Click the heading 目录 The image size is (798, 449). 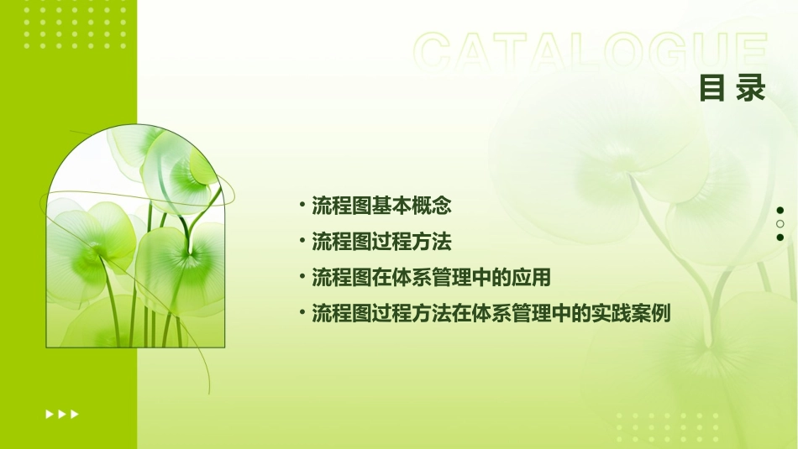click(732, 88)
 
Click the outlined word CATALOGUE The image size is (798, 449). click(590, 52)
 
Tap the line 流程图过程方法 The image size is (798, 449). click(382, 242)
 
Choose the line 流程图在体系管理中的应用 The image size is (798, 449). click(431, 278)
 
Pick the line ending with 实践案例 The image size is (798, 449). click(491, 315)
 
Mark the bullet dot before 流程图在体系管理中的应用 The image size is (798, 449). click(302, 277)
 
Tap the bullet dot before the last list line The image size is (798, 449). click(302, 314)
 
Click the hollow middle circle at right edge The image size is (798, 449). click(780, 224)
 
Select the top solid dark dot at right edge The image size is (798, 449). click(780, 210)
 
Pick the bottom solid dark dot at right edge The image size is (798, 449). click(780, 238)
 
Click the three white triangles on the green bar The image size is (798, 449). click(62, 414)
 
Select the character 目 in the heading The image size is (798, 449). click(712, 88)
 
